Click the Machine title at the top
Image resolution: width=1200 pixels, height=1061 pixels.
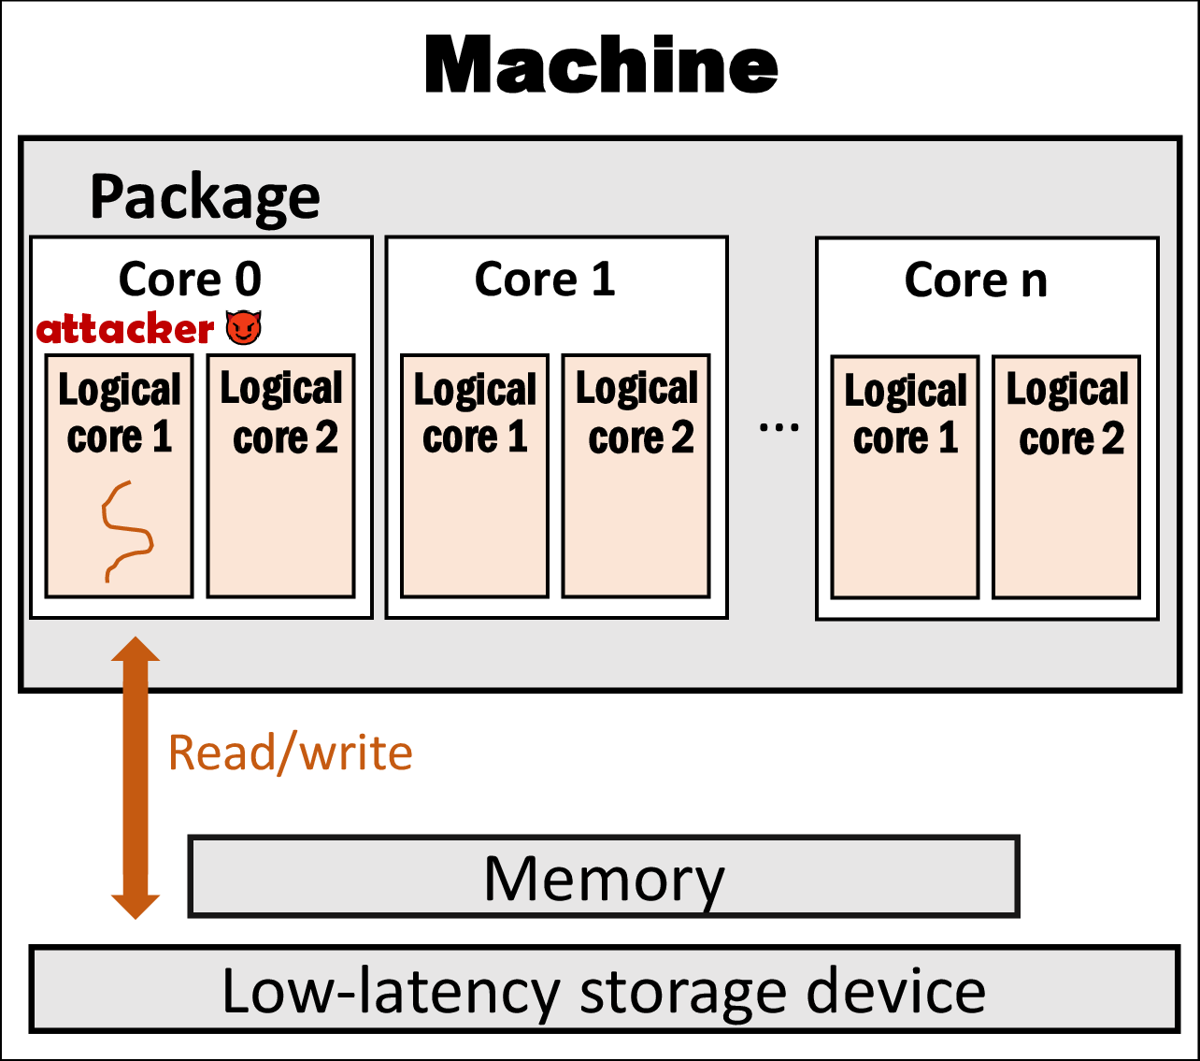click(x=601, y=65)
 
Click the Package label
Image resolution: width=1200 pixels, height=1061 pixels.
click(x=205, y=197)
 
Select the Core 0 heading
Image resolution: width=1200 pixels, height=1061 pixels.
click(x=190, y=279)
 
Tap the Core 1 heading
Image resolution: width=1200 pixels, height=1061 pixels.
click(x=545, y=279)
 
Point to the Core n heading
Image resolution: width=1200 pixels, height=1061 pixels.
click(x=976, y=280)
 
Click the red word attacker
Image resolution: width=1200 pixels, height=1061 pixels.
click(x=125, y=329)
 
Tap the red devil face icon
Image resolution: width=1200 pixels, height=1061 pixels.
click(x=244, y=327)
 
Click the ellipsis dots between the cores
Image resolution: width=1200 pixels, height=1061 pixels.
click(x=779, y=428)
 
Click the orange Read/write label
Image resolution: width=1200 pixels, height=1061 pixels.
click(x=290, y=753)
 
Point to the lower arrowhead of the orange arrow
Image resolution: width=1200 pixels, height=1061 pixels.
click(x=136, y=904)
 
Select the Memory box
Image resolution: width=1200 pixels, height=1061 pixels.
click(x=604, y=877)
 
